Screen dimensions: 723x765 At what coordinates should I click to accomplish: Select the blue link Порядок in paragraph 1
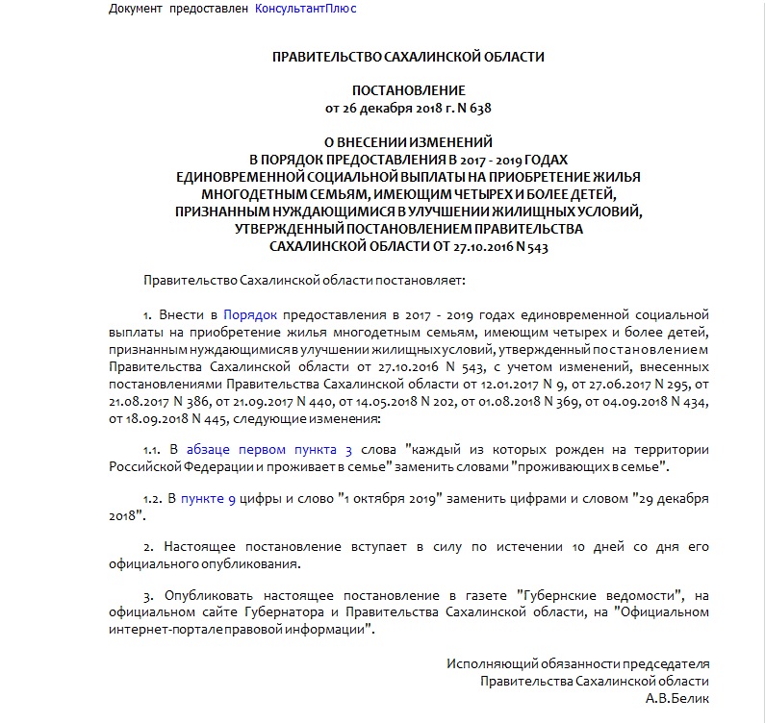(x=250, y=314)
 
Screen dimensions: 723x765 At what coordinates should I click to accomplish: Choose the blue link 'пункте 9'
(x=208, y=498)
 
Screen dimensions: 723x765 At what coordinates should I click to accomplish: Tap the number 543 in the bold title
(x=536, y=245)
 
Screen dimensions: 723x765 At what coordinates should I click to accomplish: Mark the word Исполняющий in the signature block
(x=485, y=663)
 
